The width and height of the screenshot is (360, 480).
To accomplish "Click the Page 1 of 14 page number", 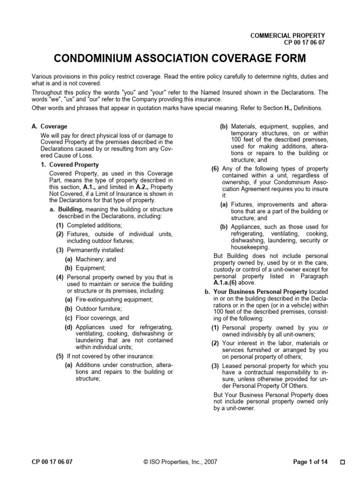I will point(310,462).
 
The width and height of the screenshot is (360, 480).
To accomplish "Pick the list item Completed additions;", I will point(94,225).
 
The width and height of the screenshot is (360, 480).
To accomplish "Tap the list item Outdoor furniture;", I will point(98,308).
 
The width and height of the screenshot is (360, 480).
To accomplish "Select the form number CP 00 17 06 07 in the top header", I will point(304,43).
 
